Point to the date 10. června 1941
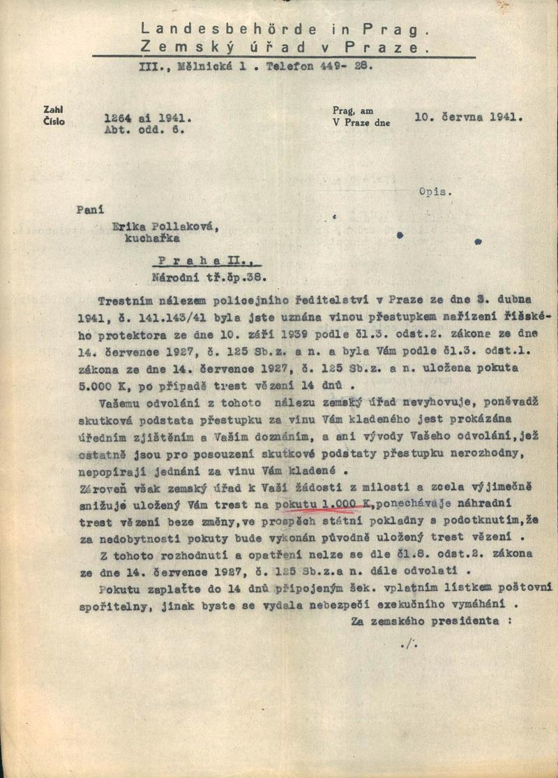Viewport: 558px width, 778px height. pyautogui.click(x=468, y=117)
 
